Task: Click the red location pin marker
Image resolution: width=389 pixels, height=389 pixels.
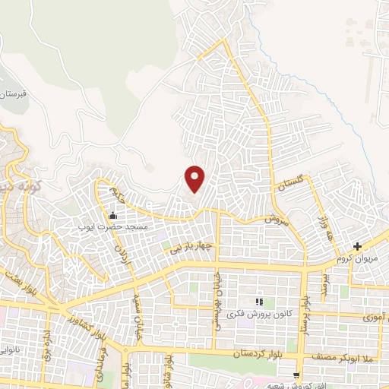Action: [x=195, y=179]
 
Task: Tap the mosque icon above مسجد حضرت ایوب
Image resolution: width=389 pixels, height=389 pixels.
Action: [x=113, y=216]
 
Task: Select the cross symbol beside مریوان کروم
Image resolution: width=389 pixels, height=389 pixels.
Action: [x=357, y=246]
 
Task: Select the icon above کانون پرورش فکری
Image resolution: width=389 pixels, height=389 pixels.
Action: [x=258, y=302]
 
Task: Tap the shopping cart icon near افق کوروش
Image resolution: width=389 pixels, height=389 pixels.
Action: [x=297, y=375]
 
